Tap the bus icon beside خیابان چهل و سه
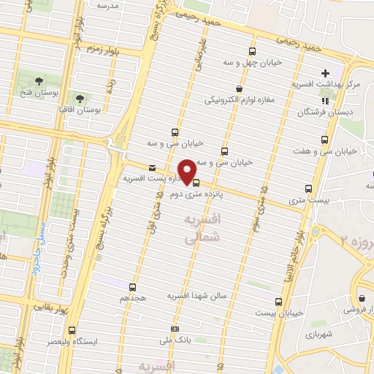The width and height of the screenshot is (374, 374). [x=252, y=51]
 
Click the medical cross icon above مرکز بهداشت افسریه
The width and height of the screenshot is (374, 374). [x=325, y=73]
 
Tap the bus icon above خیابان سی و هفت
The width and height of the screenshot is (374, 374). [x=324, y=140]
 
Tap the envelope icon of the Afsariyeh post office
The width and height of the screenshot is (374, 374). [x=152, y=167]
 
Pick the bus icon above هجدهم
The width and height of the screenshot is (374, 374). [x=132, y=287]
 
